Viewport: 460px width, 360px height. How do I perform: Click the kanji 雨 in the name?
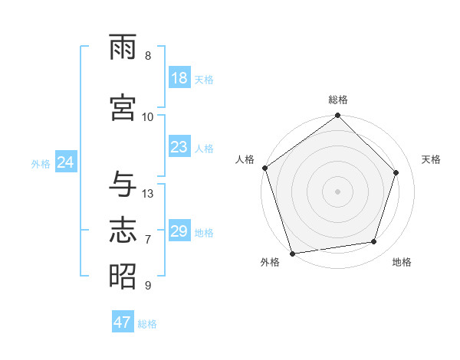point(123,49)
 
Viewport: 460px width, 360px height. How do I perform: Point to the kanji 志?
point(123,230)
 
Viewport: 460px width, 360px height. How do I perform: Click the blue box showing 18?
point(179,78)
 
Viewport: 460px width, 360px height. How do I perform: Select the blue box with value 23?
point(179,147)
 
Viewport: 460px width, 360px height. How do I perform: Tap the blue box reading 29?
point(179,231)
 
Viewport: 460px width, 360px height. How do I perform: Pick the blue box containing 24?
point(65,162)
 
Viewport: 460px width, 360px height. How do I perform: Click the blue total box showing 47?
point(123,322)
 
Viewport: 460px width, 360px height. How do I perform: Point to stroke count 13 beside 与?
point(148,194)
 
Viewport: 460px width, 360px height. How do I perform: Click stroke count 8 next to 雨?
point(148,56)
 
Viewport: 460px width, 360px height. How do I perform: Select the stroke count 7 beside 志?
point(148,240)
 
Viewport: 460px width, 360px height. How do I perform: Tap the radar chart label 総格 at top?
point(338,100)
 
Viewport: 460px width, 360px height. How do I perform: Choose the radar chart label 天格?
point(431,159)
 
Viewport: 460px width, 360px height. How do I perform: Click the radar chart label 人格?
point(245,159)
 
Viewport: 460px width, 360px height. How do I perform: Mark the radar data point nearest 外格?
point(293,253)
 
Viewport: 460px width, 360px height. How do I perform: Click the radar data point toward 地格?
point(374,242)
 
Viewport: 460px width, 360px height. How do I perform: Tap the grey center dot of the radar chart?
point(338,191)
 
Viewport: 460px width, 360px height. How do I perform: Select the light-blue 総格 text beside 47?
point(147,324)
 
